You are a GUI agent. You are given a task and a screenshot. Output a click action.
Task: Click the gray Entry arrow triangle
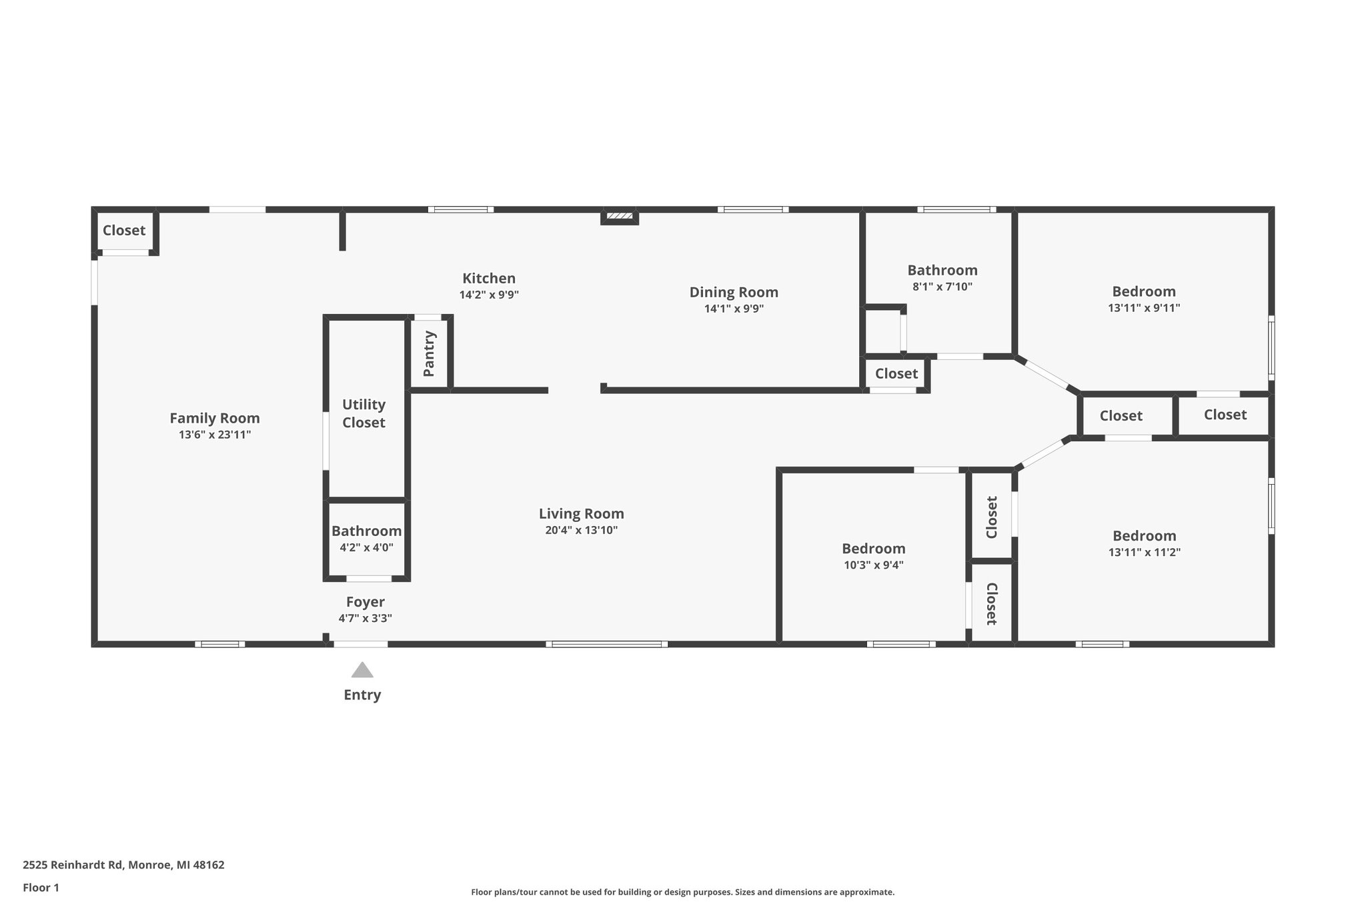click(x=362, y=670)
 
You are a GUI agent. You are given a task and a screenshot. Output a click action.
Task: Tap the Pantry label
click(x=429, y=353)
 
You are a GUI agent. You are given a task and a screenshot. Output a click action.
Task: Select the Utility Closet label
click(x=364, y=413)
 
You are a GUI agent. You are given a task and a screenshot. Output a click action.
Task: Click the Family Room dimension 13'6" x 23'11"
click(x=215, y=435)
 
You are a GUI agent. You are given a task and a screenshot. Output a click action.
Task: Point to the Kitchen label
click(x=489, y=278)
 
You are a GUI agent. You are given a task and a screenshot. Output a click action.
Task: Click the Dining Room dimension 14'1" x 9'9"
click(x=734, y=309)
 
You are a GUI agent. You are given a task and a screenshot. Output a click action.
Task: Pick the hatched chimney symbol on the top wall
click(x=620, y=216)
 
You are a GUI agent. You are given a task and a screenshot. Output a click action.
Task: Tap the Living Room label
click(x=581, y=513)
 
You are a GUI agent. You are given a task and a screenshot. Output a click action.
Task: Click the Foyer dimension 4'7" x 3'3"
click(x=365, y=618)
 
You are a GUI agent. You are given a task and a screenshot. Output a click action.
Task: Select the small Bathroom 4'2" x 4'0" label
click(x=366, y=531)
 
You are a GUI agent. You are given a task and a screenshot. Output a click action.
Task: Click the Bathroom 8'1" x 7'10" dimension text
click(x=942, y=287)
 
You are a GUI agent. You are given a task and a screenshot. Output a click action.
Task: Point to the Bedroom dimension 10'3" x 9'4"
click(x=873, y=565)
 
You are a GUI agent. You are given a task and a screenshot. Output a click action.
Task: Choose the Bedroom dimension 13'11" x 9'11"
click(x=1144, y=308)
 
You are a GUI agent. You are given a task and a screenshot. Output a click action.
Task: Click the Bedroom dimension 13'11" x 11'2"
click(x=1144, y=552)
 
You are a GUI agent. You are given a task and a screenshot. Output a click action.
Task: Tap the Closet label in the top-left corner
click(x=124, y=230)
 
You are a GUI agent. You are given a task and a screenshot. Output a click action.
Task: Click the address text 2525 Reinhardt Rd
click(x=73, y=865)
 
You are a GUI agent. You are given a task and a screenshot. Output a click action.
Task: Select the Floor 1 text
click(x=41, y=887)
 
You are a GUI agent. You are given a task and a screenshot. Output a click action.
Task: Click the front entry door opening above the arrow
click(x=360, y=644)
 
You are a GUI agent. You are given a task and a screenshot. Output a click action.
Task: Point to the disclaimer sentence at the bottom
click(x=682, y=892)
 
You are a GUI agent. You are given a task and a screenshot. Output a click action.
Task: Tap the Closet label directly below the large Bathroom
click(x=896, y=373)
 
